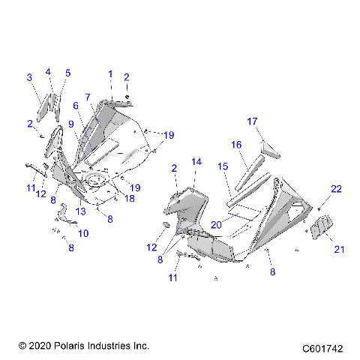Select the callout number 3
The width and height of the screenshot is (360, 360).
pos(28,77)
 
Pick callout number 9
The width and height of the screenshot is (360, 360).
pos(70,124)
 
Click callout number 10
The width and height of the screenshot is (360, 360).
pos(82,233)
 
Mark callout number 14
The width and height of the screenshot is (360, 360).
pos(196,161)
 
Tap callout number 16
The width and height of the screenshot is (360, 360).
pos(235,144)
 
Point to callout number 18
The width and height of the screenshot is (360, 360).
pos(129,199)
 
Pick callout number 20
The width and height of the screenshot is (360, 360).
pos(215,224)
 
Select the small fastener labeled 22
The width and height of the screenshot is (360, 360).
pos(318,206)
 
